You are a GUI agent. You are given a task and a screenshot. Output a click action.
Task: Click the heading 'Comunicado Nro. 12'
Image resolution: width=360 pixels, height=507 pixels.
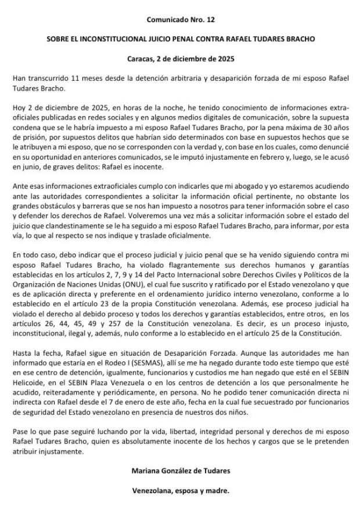click(180, 20)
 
